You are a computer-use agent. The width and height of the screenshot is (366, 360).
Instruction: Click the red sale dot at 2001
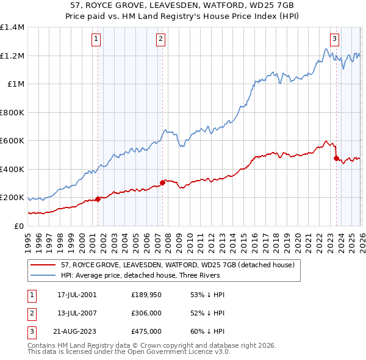click(98, 198)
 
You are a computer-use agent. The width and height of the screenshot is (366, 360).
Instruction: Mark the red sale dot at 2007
click(162, 182)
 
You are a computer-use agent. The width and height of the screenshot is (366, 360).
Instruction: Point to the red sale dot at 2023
click(336, 158)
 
